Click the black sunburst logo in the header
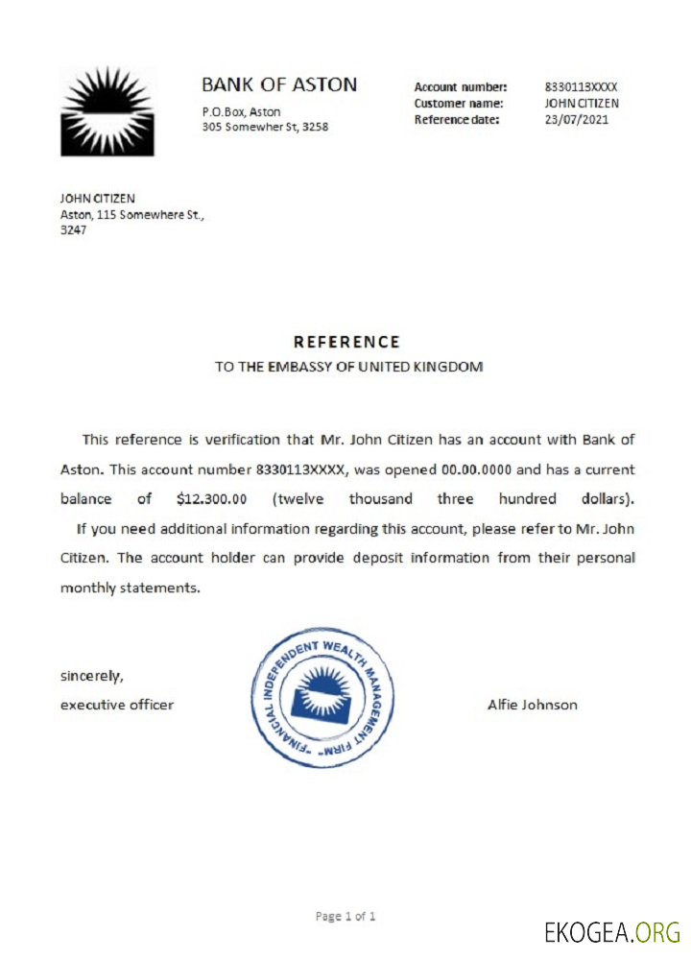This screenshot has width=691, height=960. [x=107, y=110]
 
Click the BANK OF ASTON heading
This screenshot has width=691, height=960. [x=279, y=84]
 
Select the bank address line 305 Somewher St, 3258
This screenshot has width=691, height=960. [x=265, y=127]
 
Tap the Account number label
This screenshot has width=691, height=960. [x=461, y=86]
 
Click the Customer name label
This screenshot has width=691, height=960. [x=460, y=103]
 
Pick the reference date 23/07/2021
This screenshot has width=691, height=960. [x=577, y=119]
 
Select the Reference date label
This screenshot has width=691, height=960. [x=458, y=119]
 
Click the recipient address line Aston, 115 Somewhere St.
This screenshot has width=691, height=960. [x=132, y=215]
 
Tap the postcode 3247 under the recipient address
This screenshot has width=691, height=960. [x=74, y=230]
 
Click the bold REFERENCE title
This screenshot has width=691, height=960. [x=346, y=342]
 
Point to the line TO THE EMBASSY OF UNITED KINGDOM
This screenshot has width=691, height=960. [x=348, y=367]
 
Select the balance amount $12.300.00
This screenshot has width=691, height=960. [x=212, y=499]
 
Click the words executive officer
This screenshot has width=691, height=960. [x=117, y=705]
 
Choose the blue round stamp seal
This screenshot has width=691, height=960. [x=321, y=696]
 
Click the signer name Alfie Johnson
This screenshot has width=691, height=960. [x=533, y=705]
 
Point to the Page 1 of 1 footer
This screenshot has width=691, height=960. [x=345, y=916]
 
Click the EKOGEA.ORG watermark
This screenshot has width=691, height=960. [x=611, y=931]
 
